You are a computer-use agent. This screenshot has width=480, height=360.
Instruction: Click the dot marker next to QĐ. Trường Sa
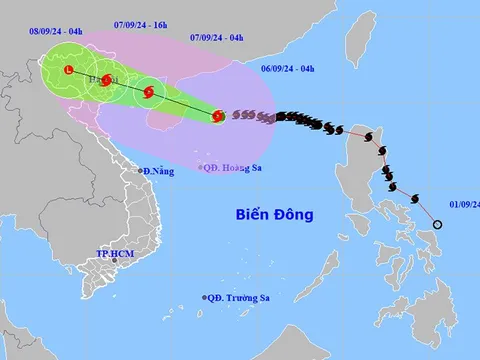pos(205,297)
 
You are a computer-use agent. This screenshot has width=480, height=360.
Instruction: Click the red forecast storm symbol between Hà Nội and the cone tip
pos(149,93)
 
